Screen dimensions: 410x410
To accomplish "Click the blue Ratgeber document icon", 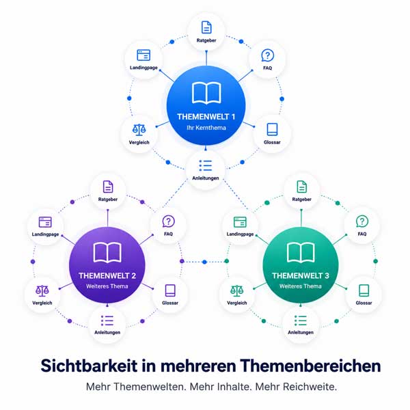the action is [x=206, y=27].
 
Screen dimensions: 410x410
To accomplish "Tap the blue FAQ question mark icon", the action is [x=267, y=55].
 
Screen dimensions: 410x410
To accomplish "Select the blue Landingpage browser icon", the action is [x=143, y=55].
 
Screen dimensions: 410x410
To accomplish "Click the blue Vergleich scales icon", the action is [x=139, y=130].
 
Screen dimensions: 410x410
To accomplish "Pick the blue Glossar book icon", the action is [x=272, y=129].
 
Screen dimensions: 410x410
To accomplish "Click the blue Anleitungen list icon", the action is [x=206, y=166].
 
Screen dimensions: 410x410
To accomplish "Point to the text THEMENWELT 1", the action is [x=206, y=117].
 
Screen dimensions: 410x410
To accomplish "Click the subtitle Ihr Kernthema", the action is [x=206, y=128].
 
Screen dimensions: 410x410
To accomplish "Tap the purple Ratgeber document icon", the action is [x=108, y=187].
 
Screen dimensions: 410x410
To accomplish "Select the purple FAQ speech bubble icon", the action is [x=168, y=221].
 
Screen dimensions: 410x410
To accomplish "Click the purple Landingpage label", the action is [x=45, y=234].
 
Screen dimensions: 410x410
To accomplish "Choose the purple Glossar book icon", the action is [x=170, y=290].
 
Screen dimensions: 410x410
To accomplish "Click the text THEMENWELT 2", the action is [x=107, y=276].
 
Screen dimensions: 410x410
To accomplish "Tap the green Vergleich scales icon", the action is [x=236, y=291].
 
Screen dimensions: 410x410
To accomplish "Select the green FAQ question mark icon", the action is [x=362, y=221].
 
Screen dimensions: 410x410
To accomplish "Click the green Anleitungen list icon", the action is [x=301, y=320].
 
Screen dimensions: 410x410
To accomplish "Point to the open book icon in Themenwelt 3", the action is [x=301, y=252].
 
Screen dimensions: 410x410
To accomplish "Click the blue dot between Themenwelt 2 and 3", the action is [x=204, y=262].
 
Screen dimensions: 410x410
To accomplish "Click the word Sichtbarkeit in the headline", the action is [x=89, y=366].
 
